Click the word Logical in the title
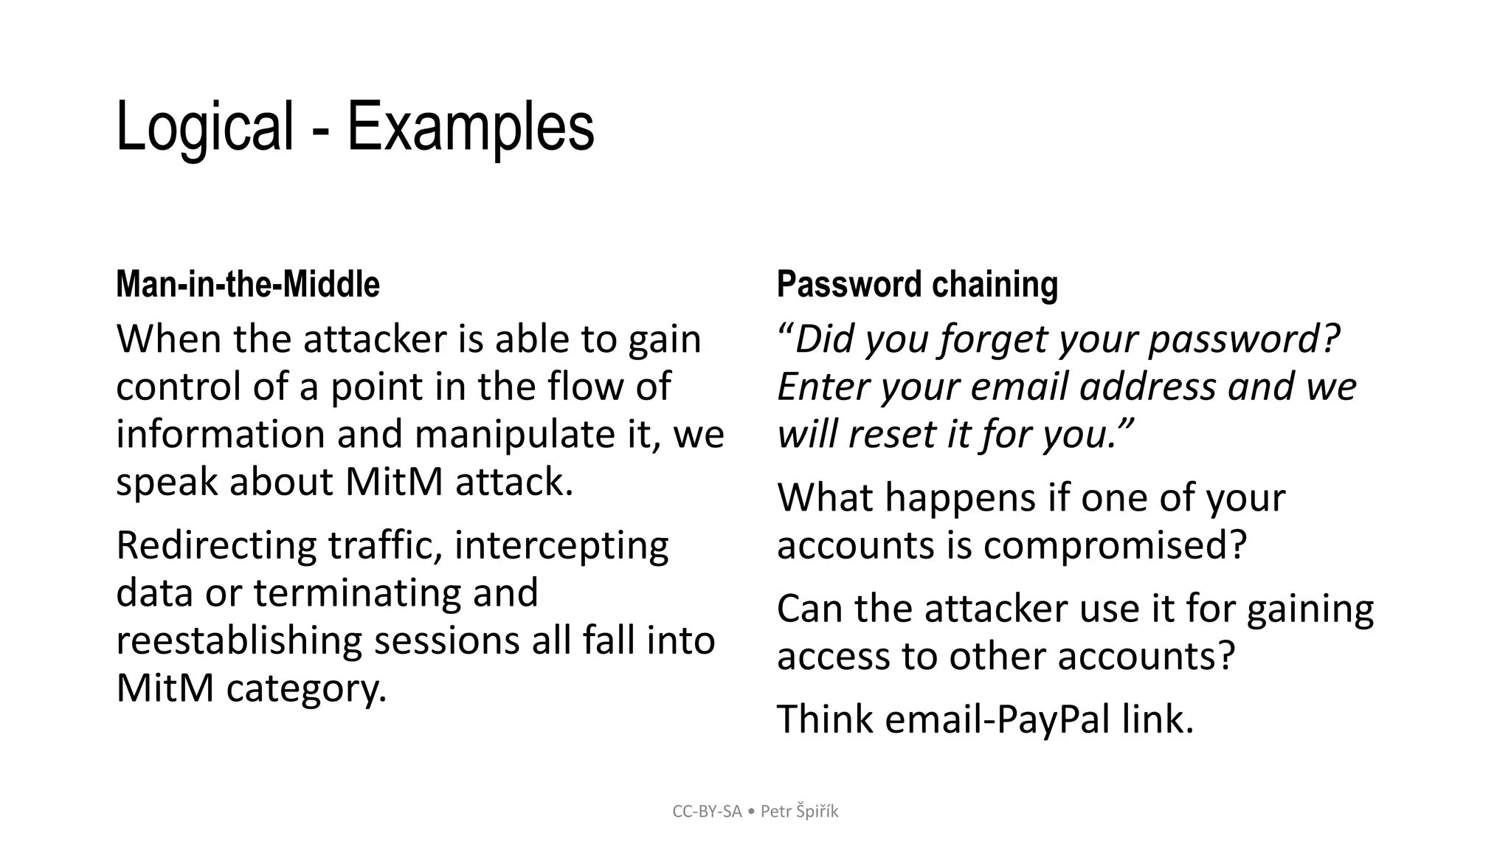[x=204, y=127]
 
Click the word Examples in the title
[x=470, y=127]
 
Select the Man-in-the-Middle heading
[x=248, y=284]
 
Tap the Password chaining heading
[x=917, y=284]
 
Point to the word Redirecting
[x=216, y=545]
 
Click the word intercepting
[x=561, y=545]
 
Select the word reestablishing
[x=238, y=640]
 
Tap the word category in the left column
[x=306, y=688]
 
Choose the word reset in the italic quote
[x=892, y=434]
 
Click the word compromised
[x=1114, y=545]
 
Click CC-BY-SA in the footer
[x=707, y=812]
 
